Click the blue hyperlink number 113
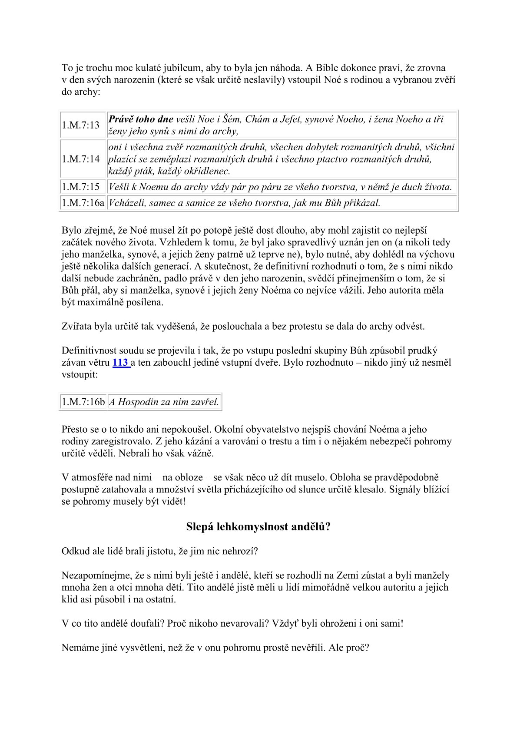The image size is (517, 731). click(x=120, y=363)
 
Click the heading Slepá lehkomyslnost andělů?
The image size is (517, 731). click(x=258, y=526)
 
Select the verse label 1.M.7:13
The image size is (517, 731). click(x=81, y=125)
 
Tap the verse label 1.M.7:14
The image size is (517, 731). click(x=81, y=159)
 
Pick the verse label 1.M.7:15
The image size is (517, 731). click(x=81, y=187)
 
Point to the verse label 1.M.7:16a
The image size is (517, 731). click(x=83, y=203)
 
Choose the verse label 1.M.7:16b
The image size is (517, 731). click(x=83, y=402)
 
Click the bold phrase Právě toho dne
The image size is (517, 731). click(x=141, y=119)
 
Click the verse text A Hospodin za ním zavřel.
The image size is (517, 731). click(x=164, y=402)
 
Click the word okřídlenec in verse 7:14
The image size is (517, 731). click(x=207, y=171)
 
